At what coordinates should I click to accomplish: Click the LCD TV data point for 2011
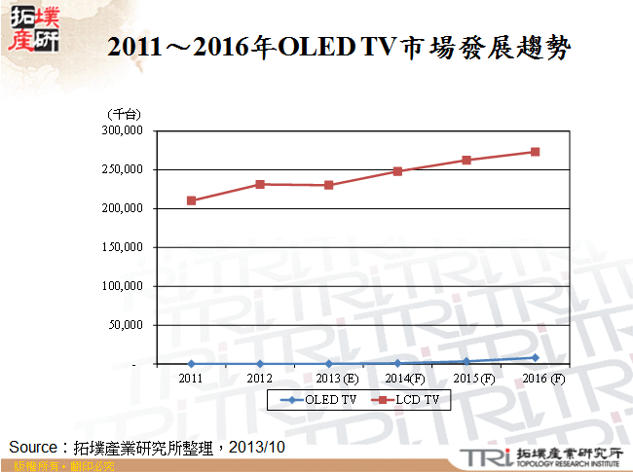pos(191,200)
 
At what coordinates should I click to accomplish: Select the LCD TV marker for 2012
pos(260,184)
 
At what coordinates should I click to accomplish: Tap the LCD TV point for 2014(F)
pos(397,171)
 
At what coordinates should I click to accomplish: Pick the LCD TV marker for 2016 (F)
pos(535,152)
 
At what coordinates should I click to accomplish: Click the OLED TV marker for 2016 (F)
pos(535,357)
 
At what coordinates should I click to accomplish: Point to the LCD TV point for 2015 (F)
pos(466,160)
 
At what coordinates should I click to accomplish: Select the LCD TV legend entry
pos(408,399)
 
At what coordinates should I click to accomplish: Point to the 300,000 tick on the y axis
pos(123,130)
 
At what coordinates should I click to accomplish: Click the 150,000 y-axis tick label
pos(123,247)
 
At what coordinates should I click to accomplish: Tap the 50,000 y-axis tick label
pos(126,325)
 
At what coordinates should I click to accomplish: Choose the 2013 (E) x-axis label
pos(337,378)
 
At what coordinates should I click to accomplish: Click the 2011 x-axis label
pos(191,378)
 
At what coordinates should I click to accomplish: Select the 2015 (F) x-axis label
pos(475,378)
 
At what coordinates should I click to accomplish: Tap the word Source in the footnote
pos(34,447)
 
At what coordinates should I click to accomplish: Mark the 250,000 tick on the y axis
pos(123,169)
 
